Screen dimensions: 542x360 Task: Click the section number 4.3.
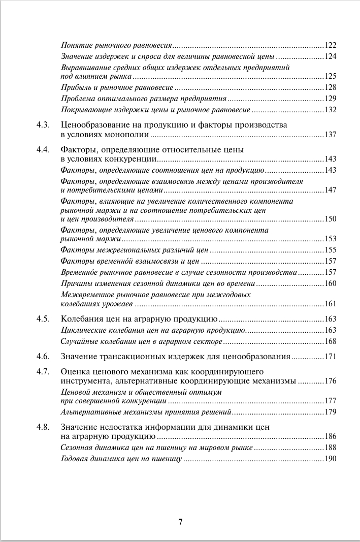coord(43,125)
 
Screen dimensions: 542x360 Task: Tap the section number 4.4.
coord(43,150)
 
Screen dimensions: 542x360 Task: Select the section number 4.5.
coord(43,319)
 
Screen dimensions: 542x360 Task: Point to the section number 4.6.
coord(43,357)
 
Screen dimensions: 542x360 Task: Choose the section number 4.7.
coord(43,371)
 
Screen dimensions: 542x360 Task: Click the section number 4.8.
coord(43,427)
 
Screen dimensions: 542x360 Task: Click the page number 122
coord(331,45)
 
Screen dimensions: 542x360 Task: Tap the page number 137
coord(331,135)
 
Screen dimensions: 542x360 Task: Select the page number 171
coord(331,357)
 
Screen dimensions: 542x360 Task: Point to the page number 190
coord(331,459)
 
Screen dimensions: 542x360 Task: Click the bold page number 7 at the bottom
coord(180,522)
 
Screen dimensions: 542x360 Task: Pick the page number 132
coord(331,110)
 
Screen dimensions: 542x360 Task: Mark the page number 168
coord(331,341)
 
